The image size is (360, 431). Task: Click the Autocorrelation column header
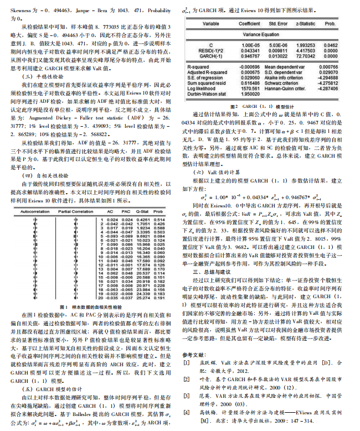38,196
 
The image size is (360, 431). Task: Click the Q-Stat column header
143,196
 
